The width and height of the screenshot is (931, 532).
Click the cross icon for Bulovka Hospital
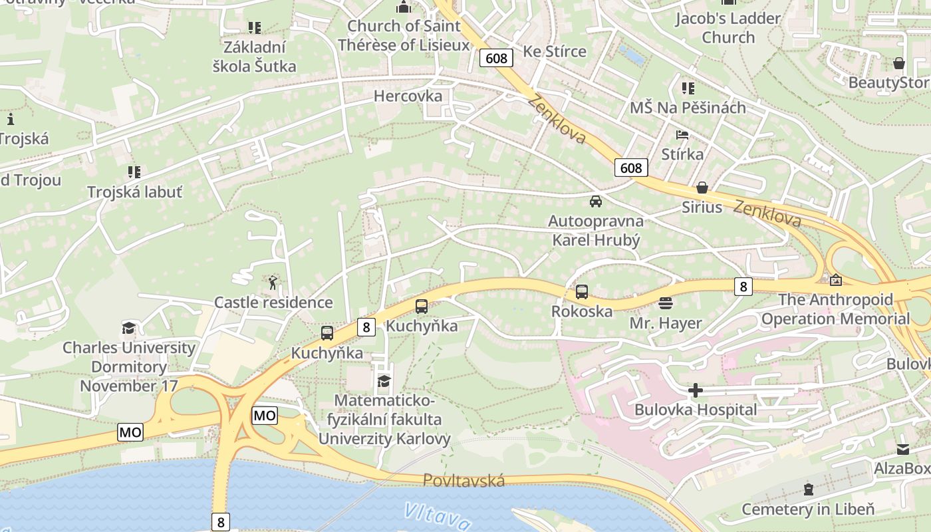pos(696,390)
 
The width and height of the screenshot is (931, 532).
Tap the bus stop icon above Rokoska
pos(582,291)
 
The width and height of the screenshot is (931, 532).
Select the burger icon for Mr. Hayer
pos(666,303)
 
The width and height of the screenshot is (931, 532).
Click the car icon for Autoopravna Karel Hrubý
pos(596,201)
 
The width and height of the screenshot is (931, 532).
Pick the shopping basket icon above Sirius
pos(702,188)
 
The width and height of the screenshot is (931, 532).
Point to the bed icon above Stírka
pos(682,135)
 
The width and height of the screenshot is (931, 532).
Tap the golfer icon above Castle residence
pos(273,283)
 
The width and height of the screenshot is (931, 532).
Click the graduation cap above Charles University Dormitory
pos(128,328)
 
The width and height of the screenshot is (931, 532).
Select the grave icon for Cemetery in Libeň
pos(808,490)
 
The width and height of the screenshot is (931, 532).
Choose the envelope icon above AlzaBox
pos(902,450)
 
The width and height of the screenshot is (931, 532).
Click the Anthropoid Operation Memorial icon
pos(835,280)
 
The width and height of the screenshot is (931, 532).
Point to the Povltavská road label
pos(464,480)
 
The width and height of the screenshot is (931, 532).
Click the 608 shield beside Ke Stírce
pos(496,59)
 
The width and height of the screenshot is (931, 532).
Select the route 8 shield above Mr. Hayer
pos(743,287)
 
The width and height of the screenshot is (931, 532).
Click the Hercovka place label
pos(408,96)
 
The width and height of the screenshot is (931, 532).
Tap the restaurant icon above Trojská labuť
pos(135,172)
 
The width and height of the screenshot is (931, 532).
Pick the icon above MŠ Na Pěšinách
pos(688,88)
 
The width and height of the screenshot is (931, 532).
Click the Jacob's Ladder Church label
pos(728,28)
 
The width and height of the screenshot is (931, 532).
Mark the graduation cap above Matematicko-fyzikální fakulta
pos(384,381)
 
